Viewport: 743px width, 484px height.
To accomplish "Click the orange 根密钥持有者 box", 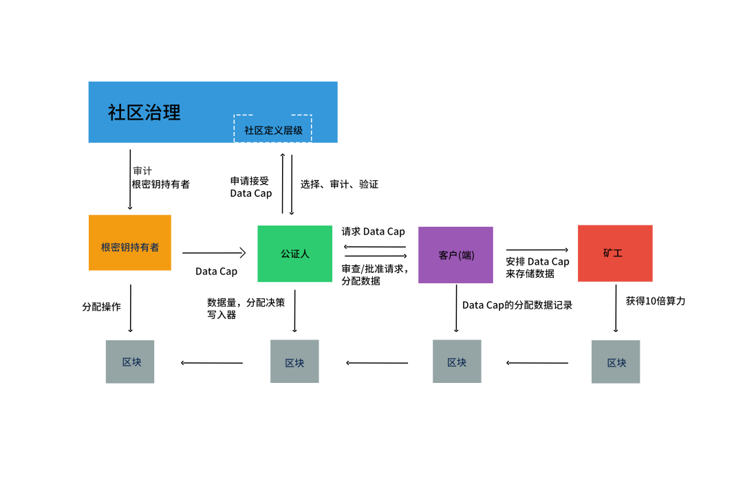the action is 130,243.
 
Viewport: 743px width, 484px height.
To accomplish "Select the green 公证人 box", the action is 294,254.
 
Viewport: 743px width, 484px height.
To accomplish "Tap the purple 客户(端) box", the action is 455,255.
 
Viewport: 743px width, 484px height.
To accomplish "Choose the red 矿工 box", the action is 615,254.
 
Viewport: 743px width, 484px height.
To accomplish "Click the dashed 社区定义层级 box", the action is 273,129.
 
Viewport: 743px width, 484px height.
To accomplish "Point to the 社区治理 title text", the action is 144,113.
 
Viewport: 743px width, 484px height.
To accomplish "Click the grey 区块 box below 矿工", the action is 616,362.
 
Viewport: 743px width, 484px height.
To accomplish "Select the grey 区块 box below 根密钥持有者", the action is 130,362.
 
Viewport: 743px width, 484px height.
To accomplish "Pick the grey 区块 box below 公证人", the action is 294,362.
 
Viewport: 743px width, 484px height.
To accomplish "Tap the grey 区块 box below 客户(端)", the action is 457,362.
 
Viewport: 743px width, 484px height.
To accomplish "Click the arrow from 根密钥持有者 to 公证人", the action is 214,253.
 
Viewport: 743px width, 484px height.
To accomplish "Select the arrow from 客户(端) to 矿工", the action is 537,250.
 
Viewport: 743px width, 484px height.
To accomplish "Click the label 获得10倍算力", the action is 656,301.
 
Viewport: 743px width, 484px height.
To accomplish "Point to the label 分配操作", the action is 101,307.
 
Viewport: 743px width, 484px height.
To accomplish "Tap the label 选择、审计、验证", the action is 339,184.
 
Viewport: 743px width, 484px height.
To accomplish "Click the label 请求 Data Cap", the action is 374,232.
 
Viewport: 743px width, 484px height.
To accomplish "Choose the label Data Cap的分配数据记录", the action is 517,305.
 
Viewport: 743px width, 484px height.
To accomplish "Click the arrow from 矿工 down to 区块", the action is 616,308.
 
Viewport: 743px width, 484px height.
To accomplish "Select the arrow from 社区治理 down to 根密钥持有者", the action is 130,179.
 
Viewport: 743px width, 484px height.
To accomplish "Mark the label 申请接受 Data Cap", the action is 251,187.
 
